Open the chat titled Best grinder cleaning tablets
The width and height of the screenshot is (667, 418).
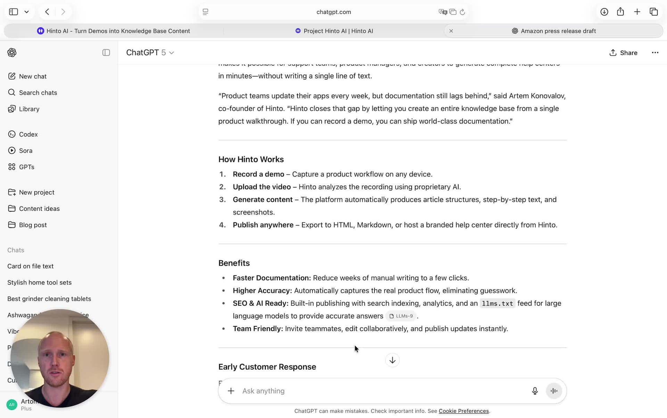[x=49, y=299]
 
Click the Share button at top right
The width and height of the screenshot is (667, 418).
[x=623, y=53]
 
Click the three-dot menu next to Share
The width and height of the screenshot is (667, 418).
[x=655, y=53]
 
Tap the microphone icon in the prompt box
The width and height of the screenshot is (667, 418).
[x=535, y=391]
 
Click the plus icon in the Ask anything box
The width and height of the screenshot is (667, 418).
[x=231, y=391]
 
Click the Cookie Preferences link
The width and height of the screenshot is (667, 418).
[x=463, y=411]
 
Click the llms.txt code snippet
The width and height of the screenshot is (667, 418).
[x=497, y=304]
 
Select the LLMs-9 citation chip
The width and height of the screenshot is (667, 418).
[x=401, y=316]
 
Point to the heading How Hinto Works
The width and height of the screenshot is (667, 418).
[x=251, y=159]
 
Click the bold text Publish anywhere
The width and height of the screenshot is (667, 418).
[x=263, y=225]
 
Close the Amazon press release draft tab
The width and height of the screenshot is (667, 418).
[x=451, y=31]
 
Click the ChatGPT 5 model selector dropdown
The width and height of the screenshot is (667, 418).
[x=150, y=53]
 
